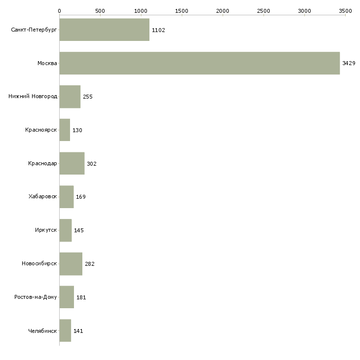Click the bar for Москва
[x=199, y=63]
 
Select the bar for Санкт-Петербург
[x=104, y=30]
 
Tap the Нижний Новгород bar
[x=70, y=97]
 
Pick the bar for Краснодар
[x=72, y=163]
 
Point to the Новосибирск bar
[x=71, y=264]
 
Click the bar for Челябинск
[x=65, y=330]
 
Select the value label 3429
[x=349, y=63]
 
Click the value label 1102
[x=158, y=30]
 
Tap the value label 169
[x=81, y=197]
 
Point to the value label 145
[x=79, y=230]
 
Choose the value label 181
[x=81, y=297]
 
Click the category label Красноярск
[x=41, y=130]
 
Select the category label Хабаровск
[x=42, y=197]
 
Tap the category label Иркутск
[x=46, y=230]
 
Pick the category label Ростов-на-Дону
[x=36, y=297]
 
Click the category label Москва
[x=47, y=63]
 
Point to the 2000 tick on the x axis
[x=223, y=10]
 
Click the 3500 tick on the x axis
[x=345, y=10]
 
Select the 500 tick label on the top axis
[x=100, y=10]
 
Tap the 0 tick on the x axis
[x=59, y=10]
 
